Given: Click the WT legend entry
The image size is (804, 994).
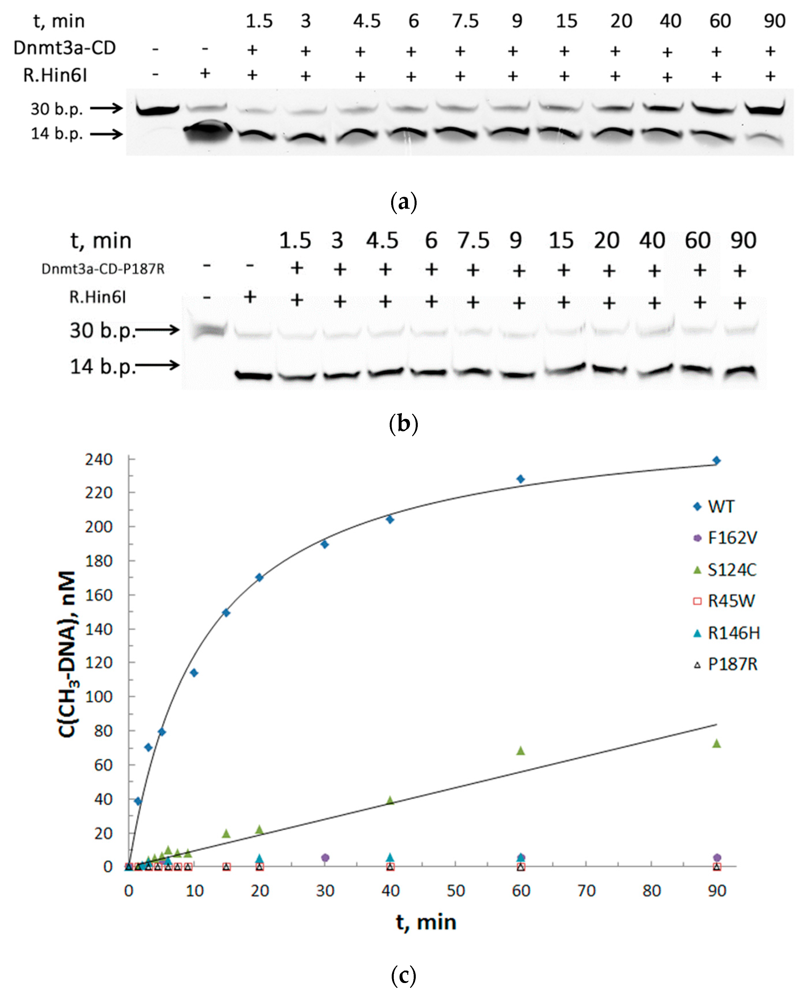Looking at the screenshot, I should (721, 507).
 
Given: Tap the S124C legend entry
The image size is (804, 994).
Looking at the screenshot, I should (731, 570).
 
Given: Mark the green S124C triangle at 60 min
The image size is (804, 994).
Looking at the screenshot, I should (521, 751).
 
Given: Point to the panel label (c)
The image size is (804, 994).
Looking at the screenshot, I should (403, 976).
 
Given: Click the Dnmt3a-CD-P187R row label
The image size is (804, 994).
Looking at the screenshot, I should (103, 269).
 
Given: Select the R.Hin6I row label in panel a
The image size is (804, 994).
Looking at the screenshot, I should (55, 75).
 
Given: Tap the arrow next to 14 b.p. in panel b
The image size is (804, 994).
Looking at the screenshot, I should (157, 365).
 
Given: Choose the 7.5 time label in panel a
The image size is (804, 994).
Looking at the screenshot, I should (466, 21).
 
